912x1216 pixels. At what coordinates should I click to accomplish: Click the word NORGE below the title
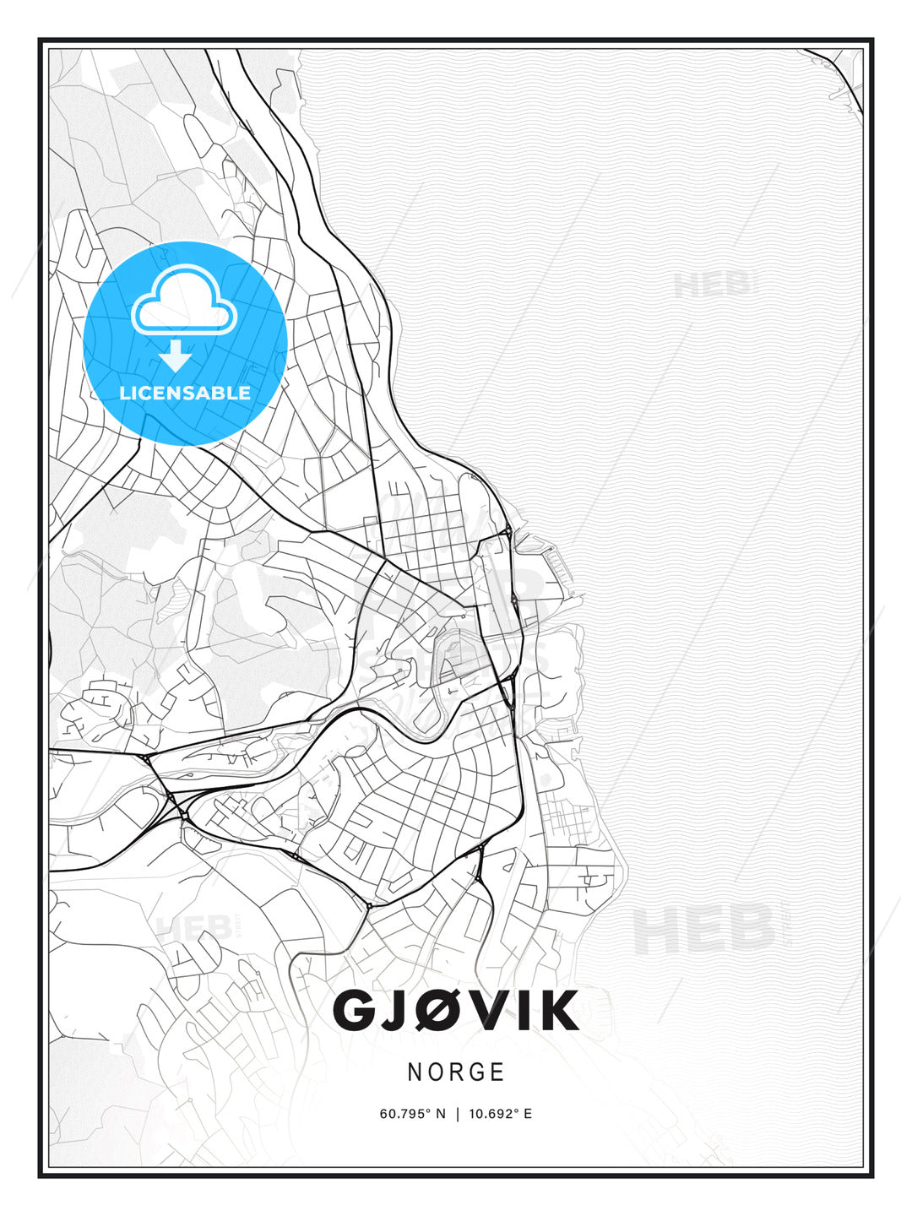pos(456,1072)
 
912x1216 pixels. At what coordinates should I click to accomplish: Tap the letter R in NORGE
pos(456,1072)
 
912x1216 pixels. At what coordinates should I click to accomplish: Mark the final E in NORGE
pos(498,1072)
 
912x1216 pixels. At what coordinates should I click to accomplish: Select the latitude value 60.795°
pos(406,1114)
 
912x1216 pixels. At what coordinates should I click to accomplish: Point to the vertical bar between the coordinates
pos(457,1114)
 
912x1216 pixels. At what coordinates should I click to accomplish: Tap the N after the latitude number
pos(440,1114)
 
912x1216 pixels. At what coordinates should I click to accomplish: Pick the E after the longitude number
pos(529,1114)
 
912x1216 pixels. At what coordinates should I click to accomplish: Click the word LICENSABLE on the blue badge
pos(185,393)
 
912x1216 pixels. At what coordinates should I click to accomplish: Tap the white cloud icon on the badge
pos(183,301)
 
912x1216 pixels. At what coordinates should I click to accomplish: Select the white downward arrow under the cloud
pos(176,356)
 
